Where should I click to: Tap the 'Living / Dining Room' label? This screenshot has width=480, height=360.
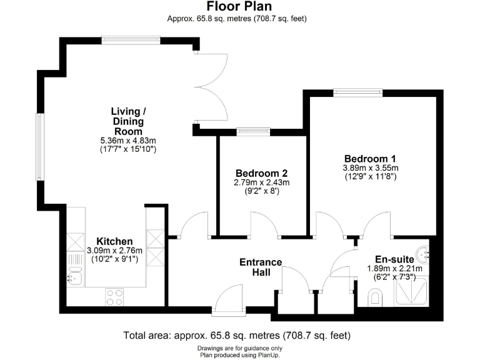127,121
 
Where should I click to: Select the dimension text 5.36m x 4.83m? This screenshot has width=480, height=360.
127,141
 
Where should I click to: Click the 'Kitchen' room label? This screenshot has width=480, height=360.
114,241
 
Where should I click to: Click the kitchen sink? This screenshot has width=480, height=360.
76,276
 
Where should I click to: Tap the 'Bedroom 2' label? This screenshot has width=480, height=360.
261,173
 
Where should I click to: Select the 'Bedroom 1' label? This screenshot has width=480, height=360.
369,158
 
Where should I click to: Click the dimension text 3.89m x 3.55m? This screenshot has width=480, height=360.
370,168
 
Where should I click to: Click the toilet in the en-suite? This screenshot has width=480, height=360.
375,297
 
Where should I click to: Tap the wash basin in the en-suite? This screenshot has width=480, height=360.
424,253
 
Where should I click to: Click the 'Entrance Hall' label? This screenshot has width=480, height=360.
261,267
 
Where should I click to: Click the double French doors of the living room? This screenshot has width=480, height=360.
211,87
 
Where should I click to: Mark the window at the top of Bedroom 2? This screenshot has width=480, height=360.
253,132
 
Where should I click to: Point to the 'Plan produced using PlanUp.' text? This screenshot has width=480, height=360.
239,354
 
